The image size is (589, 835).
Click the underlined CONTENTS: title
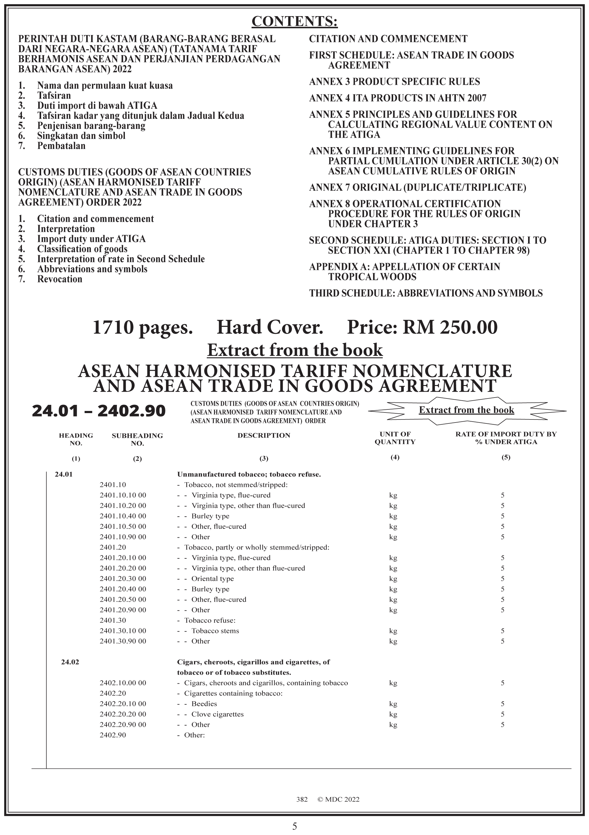tap(294, 21)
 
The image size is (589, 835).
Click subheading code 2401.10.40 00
tap(123, 516)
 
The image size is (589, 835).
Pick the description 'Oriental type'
tap(212, 578)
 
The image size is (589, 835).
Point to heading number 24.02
tap(70, 662)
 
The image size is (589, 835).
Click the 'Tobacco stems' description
tap(215, 631)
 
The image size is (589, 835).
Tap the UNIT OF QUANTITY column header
tap(395, 438)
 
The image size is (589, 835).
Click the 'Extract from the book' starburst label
tap(467, 410)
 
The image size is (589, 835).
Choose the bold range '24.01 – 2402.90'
tap(99, 411)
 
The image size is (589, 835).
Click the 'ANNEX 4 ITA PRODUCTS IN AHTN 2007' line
tap(397, 98)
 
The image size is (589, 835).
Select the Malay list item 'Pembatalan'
tap(61, 146)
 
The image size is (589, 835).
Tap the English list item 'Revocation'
tap(60, 279)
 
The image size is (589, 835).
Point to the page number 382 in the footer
tap(302, 799)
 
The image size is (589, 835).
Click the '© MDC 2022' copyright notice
tap(338, 799)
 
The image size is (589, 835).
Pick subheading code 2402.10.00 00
tap(123, 683)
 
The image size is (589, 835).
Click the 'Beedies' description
tap(204, 704)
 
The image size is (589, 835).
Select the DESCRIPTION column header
tap(264, 435)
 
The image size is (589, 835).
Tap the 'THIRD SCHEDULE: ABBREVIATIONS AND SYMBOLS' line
tap(426, 293)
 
